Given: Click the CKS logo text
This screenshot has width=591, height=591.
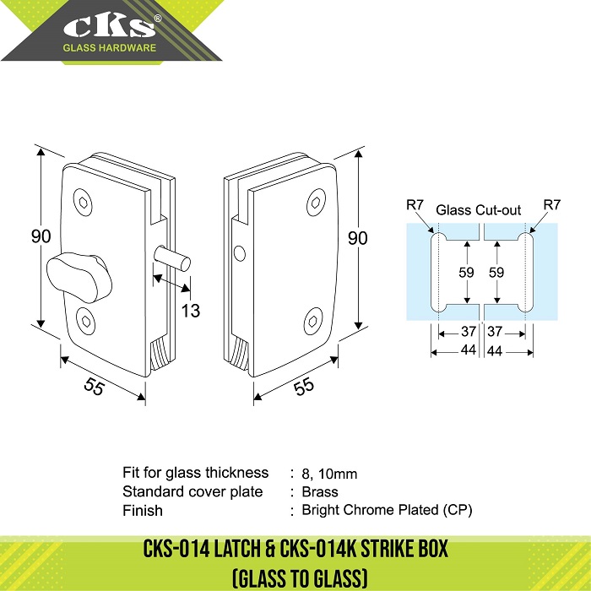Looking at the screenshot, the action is pyautogui.click(x=109, y=26).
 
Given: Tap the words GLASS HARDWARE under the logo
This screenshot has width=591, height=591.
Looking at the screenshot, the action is pyautogui.click(x=109, y=48).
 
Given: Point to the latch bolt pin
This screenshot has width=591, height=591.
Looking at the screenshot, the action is pyautogui.click(x=172, y=258).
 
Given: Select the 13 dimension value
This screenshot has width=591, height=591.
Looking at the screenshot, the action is pyautogui.click(x=190, y=311).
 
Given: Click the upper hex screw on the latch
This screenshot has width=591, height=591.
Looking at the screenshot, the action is pyautogui.click(x=83, y=202).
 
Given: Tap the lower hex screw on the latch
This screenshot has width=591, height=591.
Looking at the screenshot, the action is pyautogui.click(x=85, y=322).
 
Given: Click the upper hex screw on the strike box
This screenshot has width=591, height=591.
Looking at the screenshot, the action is pyautogui.click(x=317, y=203).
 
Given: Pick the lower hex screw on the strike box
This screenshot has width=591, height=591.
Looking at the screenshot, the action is pyautogui.click(x=313, y=321).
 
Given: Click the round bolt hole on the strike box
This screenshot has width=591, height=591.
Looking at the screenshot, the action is pyautogui.click(x=239, y=253).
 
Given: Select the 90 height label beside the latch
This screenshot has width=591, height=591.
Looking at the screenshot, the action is pyautogui.click(x=41, y=236).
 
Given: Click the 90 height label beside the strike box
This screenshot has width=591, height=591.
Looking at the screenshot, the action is pyautogui.click(x=357, y=238).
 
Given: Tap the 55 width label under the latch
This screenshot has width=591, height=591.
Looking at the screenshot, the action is pyautogui.click(x=94, y=386).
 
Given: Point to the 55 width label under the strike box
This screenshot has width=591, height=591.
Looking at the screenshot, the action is pyautogui.click(x=304, y=386).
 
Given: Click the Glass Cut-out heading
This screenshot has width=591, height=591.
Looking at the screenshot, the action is pyautogui.click(x=478, y=210).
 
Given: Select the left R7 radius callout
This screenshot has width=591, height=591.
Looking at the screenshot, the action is pyautogui.click(x=415, y=205).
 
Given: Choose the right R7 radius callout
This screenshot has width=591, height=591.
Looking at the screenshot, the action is pyautogui.click(x=552, y=205).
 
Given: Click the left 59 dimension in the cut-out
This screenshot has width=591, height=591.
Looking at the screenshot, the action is pyautogui.click(x=466, y=272).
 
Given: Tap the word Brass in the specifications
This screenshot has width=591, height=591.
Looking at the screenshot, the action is pyautogui.click(x=320, y=492).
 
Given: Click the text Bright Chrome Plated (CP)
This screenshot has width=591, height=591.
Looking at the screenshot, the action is pyautogui.click(x=387, y=510).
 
